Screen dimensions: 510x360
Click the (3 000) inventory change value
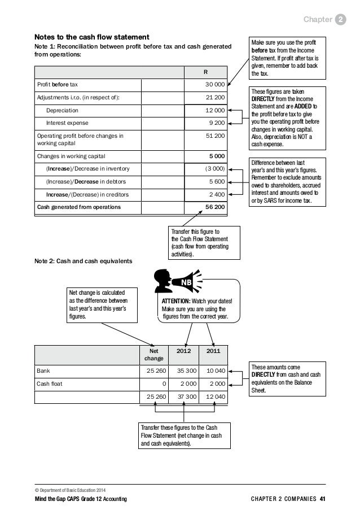pos(213,168)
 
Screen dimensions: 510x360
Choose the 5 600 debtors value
pos(216,181)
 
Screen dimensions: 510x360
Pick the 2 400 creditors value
pos(216,194)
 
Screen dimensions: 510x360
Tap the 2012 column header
pos(184,350)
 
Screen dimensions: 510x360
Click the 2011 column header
pos(213,350)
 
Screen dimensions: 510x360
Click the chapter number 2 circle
pos(341,21)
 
